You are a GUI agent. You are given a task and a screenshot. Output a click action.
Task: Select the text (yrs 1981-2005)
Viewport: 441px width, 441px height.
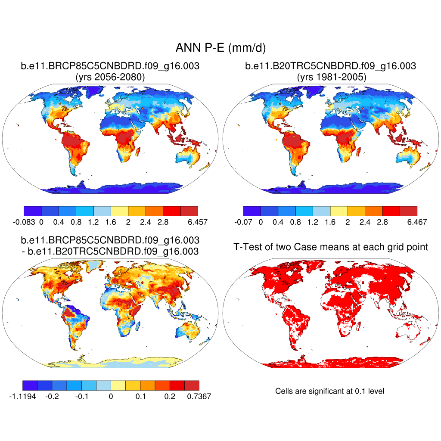[330, 78]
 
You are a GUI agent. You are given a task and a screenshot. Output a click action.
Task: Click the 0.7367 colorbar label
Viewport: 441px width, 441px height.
[199, 397]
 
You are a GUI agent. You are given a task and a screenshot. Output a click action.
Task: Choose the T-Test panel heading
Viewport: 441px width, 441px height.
[330, 247]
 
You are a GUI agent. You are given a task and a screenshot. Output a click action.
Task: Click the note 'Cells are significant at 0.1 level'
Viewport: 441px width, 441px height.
[329, 391]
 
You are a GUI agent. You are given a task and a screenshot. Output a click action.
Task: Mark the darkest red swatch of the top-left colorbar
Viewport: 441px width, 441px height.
[189, 211]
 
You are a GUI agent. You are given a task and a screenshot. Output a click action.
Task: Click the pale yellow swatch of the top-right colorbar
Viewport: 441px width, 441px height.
[339, 211]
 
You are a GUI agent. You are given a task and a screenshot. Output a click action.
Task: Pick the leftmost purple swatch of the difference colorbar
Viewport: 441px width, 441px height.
[30, 385]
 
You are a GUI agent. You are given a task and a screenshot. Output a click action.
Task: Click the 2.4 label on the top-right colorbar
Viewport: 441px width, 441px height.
[365, 222]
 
